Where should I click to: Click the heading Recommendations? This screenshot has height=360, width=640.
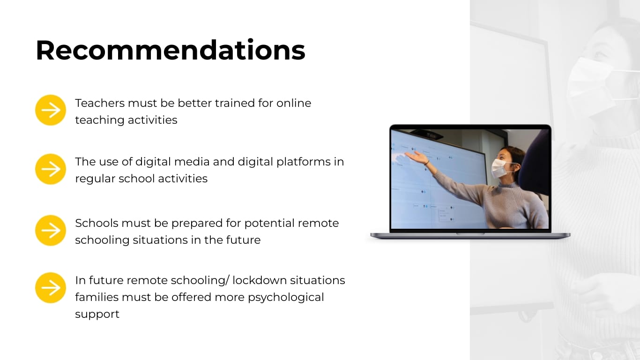[x=171, y=51]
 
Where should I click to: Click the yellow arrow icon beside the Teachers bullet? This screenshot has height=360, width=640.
[x=51, y=110]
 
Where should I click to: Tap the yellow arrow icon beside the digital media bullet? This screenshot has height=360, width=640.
[x=51, y=169]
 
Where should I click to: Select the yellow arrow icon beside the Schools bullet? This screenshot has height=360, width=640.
[x=51, y=231]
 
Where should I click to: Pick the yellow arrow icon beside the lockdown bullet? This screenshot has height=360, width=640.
[x=51, y=288]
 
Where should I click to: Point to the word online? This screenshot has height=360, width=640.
[x=293, y=103]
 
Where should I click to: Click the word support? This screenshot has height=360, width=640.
[x=97, y=315]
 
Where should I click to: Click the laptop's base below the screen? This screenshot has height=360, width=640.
[x=470, y=235]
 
